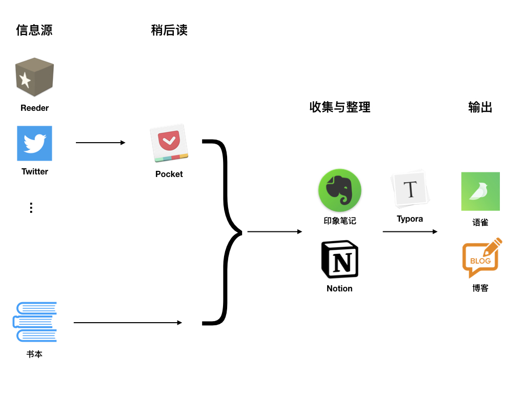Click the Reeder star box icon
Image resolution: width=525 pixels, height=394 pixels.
(34, 77)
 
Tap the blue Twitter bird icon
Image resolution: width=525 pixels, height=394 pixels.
(34, 144)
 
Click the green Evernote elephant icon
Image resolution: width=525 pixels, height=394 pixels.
(339, 191)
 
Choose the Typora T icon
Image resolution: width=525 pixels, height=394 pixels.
(410, 190)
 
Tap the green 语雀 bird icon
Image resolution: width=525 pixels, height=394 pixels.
(480, 191)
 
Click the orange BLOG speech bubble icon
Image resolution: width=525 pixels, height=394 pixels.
(480, 259)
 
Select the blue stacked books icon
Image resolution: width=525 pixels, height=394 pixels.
(35, 322)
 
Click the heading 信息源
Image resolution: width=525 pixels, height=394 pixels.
(34, 30)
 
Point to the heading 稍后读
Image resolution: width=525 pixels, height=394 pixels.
(169, 30)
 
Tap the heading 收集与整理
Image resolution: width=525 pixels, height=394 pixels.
(340, 107)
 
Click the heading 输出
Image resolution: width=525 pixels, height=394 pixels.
(480, 107)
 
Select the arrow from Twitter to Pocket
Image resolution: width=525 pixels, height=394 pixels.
(100, 143)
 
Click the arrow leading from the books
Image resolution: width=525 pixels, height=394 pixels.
(128, 323)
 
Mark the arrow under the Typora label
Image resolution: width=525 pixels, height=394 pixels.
(410, 232)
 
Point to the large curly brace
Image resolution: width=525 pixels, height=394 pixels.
(226, 232)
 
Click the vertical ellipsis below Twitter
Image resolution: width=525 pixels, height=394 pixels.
(31, 208)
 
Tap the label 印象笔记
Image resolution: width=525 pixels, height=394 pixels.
(339, 221)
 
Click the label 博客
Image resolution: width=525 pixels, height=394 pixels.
(480, 288)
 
